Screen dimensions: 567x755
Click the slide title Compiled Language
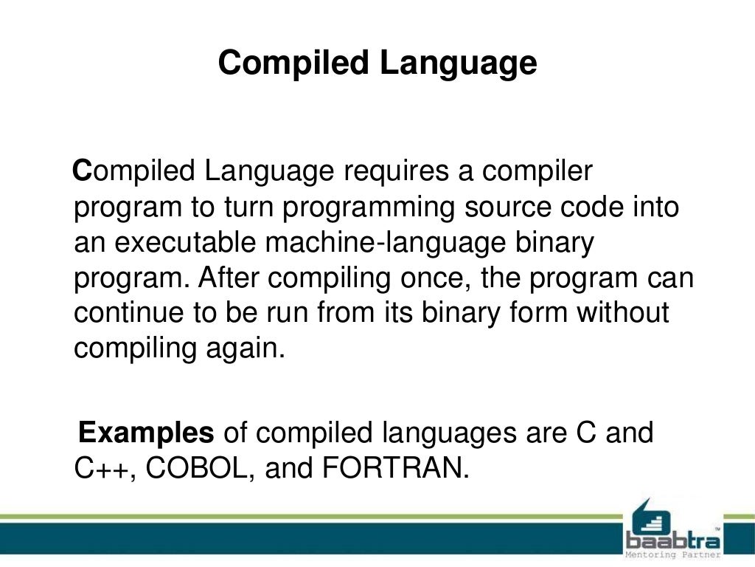377,63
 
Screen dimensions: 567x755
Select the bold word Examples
146,432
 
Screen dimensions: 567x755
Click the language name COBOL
200,467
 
